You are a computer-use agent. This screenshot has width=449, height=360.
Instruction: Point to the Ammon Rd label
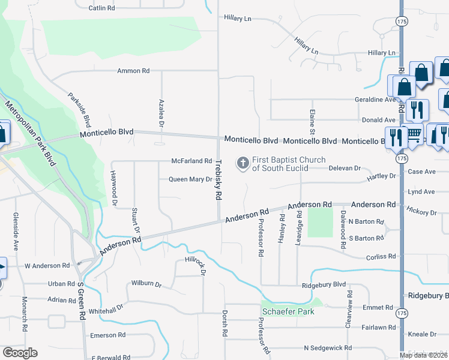pyautogui.click(x=133, y=71)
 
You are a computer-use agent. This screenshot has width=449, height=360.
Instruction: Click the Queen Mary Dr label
pyautogui.click(x=190, y=179)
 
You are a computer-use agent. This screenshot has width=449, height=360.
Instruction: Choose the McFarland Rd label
pyautogui.click(x=191, y=161)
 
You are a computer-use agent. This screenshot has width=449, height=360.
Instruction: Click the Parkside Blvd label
pyautogui.click(x=79, y=109)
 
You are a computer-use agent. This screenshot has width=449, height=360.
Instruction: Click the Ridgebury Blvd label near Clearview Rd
pyautogui.click(x=324, y=285)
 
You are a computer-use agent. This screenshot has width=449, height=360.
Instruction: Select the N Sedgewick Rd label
pyautogui.click(x=328, y=348)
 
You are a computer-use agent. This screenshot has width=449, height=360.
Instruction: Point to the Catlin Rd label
pyautogui.click(x=101, y=8)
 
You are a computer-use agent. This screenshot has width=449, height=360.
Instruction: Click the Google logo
pyautogui.click(x=20, y=353)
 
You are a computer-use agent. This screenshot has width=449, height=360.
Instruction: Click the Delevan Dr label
pyautogui.click(x=345, y=169)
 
